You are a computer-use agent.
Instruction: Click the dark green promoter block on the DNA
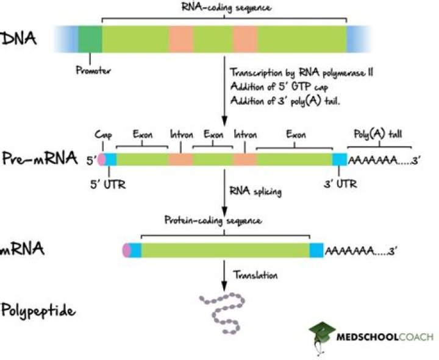(90, 38)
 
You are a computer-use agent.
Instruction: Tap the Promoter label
(93, 69)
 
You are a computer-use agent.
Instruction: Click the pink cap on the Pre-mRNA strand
(102, 160)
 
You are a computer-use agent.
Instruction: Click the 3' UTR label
(339, 185)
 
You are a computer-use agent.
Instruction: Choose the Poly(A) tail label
(379, 135)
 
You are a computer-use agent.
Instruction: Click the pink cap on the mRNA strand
(126, 249)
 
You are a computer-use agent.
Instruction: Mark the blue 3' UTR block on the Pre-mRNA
(339, 160)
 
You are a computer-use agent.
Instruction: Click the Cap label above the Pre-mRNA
(102, 135)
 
